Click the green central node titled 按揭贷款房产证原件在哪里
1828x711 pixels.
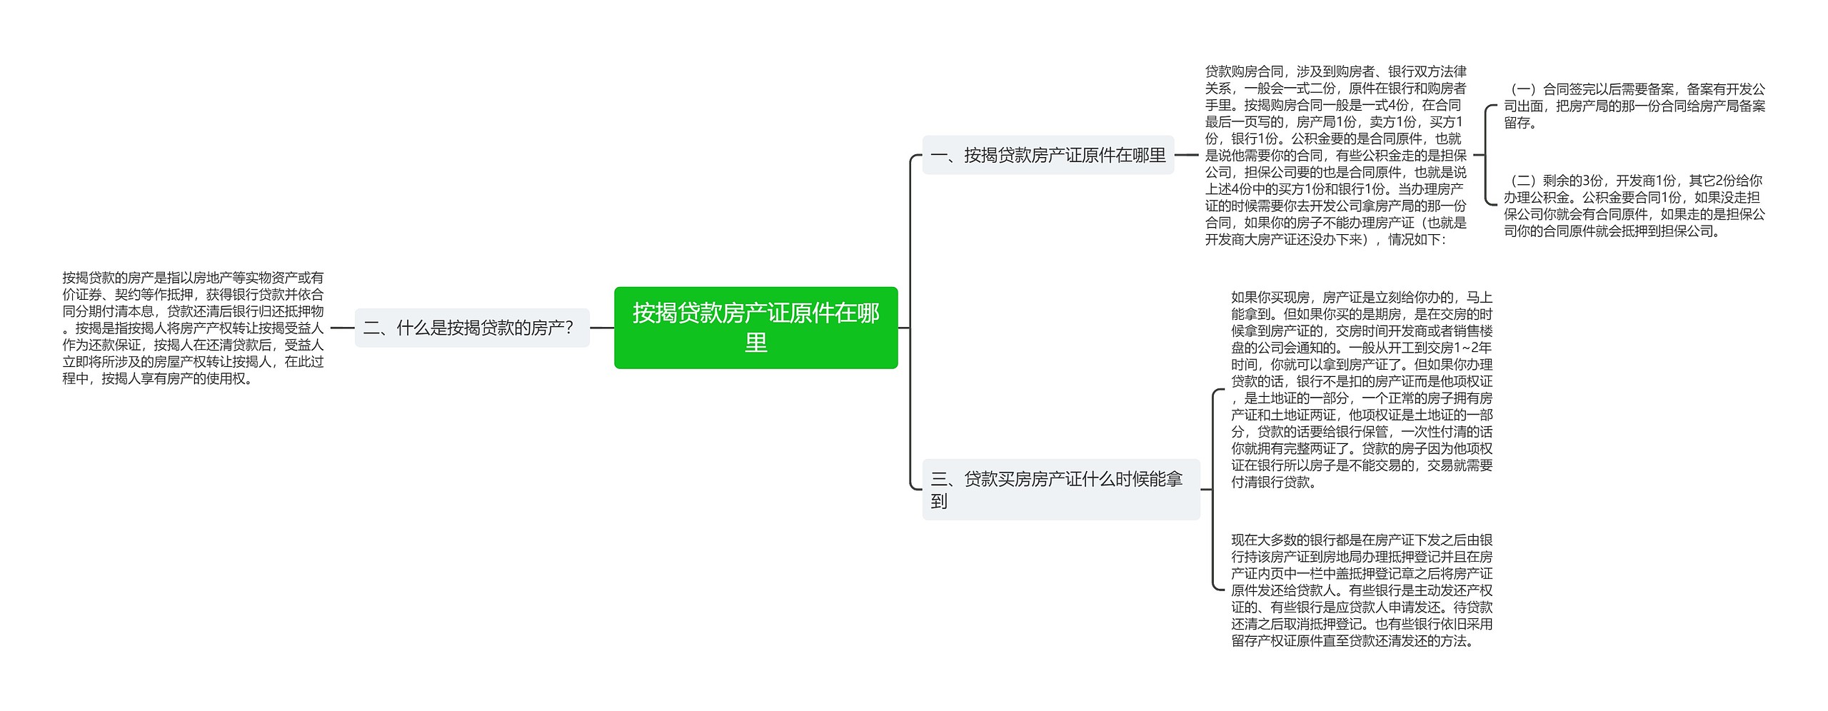[755, 328]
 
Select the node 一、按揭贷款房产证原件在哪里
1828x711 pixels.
[1048, 155]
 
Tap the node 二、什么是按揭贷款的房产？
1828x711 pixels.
[472, 328]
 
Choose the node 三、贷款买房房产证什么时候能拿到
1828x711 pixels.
[1060, 490]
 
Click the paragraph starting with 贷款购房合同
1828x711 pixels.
[1335, 155]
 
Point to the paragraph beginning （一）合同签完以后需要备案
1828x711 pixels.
[1634, 106]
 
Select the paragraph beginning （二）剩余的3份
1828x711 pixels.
[1634, 206]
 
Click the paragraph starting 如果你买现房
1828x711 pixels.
[1361, 389]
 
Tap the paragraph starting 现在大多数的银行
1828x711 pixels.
[1361, 590]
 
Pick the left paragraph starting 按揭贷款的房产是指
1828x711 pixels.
[193, 328]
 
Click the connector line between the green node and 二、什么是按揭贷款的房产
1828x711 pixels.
[602, 328]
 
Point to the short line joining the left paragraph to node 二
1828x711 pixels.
[342, 328]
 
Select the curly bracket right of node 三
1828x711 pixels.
[1214, 490]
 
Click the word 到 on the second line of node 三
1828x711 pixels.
[939, 502]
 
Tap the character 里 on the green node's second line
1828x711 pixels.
[755, 343]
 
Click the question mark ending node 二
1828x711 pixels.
[569, 328]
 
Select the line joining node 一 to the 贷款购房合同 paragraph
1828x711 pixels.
[1186, 154]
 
